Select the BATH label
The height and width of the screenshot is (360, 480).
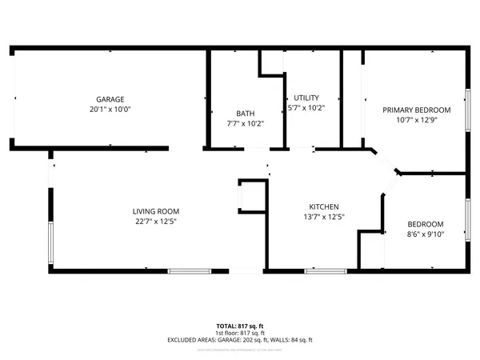click(x=245, y=113)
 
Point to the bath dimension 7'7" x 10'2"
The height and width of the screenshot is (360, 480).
click(x=245, y=123)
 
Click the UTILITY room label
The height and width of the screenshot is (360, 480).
click(x=306, y=98)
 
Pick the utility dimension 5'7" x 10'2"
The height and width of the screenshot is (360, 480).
click(x=306, y=108)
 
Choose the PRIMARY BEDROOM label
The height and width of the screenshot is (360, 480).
click(x=416, y=110)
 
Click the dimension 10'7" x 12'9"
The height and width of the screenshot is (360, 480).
click(x=416, y=120)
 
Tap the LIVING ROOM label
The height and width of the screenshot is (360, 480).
click(x=155, y=212)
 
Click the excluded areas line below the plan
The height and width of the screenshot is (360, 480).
click(x=240, y=340)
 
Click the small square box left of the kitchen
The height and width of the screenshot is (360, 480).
click(x=252, y=194)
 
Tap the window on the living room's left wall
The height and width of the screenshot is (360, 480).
click(x=50, y=243)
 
